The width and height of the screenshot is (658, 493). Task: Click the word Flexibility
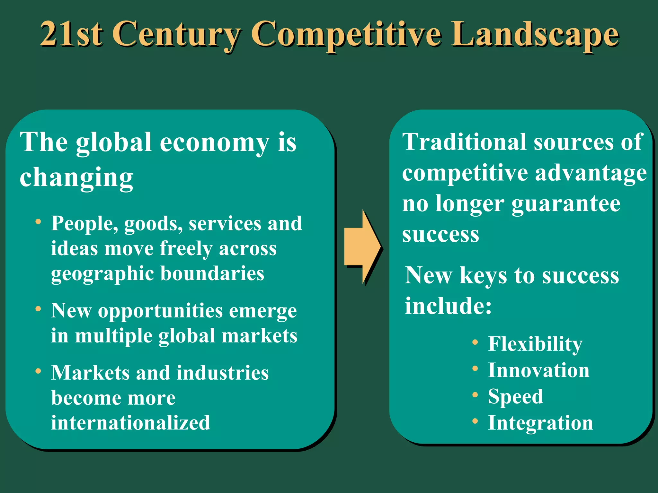coord(535,344)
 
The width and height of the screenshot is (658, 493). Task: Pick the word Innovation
coord(538,370)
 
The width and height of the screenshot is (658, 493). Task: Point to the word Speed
coord(515,397)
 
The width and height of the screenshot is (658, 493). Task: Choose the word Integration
coord(540,423)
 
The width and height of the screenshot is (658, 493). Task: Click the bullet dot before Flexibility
coord(475,342)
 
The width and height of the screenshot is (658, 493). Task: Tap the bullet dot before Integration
coord(475,421)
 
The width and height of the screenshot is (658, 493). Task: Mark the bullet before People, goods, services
coord(38,222)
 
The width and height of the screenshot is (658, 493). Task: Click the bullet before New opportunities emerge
coord(38,309)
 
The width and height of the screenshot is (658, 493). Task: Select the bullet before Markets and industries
coord(38,371)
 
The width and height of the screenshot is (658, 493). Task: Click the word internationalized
coord(130,423)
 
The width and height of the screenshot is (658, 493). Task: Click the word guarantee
coord(566,204)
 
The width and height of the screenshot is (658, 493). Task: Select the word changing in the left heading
coord(76,177)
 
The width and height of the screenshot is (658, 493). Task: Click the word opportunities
coord(160,311)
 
